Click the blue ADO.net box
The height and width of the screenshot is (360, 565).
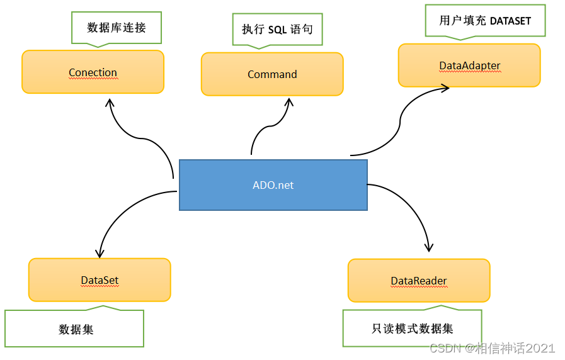tap(273, 185)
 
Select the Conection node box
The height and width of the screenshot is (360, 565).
tap(93, 72)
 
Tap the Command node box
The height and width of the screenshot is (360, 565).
tap(272, 74)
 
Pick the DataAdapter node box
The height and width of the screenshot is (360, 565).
tap(469, 65)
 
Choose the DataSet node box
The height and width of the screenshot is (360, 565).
tap(100, 280)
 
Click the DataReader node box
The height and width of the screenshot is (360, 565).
tap(419, 281)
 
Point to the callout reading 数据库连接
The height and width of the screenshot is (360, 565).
tap(116, 28)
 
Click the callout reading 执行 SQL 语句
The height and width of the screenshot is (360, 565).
tap(277, 30)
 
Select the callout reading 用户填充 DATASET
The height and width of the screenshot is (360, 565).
tap(485, 21)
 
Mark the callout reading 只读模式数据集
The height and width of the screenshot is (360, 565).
tap(413, 328)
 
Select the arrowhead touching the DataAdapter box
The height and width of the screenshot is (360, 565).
tap(443, 89)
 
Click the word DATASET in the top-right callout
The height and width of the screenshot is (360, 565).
tap(510, 21)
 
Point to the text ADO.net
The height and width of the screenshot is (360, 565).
tap(273, 185)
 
